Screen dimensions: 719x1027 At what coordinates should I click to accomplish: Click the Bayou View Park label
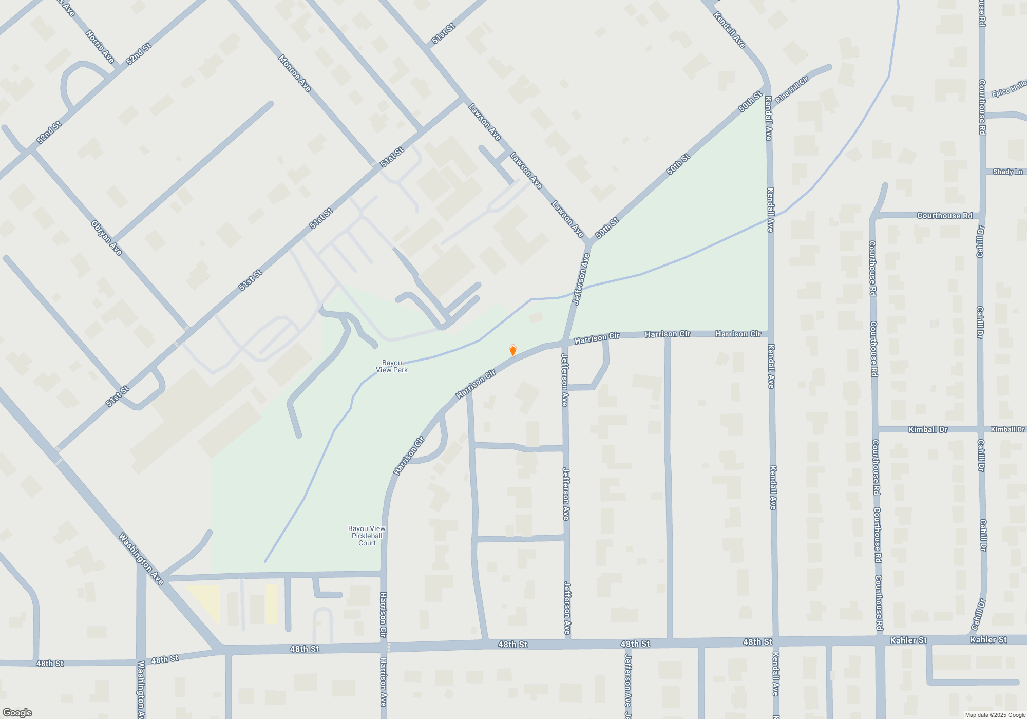392,366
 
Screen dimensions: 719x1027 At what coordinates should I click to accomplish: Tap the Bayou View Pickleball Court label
367,536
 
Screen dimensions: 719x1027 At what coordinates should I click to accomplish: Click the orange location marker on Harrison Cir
512,350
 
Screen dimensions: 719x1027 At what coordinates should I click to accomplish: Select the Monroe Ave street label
295,73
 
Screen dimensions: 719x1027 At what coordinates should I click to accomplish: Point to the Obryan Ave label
107,238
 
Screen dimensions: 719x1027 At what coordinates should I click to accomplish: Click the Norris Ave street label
100,47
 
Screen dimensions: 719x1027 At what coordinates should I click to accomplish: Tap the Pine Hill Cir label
791,89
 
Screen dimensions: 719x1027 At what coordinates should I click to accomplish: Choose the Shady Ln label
1007,172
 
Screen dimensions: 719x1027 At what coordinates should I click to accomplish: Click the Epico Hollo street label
1009,88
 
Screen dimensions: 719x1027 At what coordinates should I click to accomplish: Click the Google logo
17,713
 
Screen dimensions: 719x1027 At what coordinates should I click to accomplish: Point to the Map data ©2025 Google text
995,715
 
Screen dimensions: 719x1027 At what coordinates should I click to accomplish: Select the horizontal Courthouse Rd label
944,216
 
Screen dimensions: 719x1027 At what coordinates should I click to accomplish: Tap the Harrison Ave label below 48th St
383,682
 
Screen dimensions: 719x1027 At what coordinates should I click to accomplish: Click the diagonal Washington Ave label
141,559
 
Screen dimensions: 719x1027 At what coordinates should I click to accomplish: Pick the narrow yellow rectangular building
271,604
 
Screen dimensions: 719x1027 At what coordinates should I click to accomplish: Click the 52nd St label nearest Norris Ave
138,54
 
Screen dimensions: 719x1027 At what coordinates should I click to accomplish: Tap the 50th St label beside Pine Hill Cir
750,101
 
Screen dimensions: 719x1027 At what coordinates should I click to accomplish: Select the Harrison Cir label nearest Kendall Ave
738,334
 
